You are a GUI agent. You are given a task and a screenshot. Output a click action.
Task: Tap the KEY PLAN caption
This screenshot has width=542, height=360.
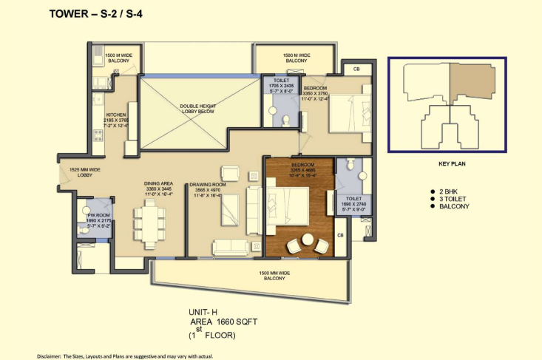click(447, 164)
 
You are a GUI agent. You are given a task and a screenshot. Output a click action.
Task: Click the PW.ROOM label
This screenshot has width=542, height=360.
click(98, 216)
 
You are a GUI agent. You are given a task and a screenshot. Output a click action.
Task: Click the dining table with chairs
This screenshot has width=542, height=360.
click(147, 225)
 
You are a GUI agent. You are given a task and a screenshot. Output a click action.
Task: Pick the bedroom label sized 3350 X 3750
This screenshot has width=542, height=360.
click(323, 94)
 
